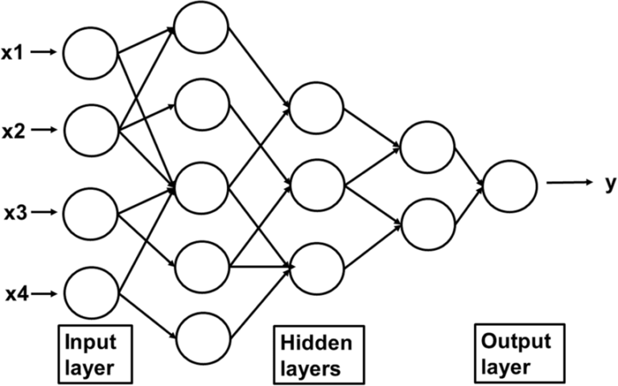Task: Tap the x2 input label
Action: (x=15, y=129)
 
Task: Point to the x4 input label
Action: (x=15, y=294)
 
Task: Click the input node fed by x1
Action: (x=91, y=53)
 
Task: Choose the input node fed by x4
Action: (x=91, y=295)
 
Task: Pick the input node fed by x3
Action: (x=91, y=213)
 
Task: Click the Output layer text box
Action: (x=516, y=354)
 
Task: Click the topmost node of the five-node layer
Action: (x=203, y=28)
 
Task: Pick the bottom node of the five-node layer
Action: (x=203, y=339)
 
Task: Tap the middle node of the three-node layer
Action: (x=317, y=187)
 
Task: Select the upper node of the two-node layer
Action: (x=427, y=146)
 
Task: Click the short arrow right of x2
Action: (x=47, y=129)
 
